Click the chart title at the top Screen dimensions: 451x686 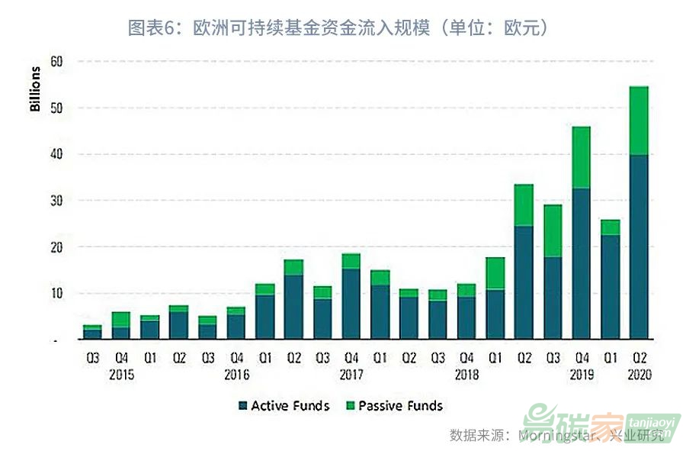tap(338, 28)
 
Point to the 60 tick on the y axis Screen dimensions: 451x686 tap(56, 61)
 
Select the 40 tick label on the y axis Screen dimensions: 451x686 tap(56, 154)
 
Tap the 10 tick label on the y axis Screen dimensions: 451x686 tap(56, 294)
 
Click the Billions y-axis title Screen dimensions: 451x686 tap(35, 89)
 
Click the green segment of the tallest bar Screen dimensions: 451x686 tap(638, 121)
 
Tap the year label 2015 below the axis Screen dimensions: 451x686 tap(122, 375)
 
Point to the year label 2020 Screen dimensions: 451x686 tap(639, 375)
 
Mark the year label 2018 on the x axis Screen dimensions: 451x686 tap(467, 375)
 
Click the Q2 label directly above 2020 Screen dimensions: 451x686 tap(639, 357)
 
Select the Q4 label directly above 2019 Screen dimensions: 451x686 tap(582, 357)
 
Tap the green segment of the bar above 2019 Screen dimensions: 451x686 tap(582, 156)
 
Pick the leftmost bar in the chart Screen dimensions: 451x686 tap(93, 333)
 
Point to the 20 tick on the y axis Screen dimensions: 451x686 tap(56, 247)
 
